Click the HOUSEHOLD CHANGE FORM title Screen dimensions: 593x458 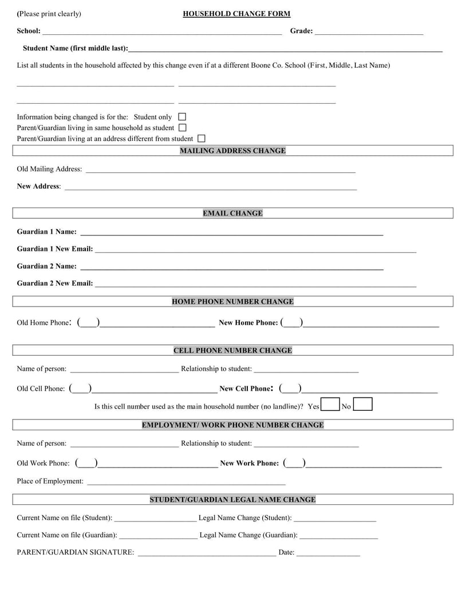(236, 14)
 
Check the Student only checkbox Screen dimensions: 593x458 (182, 117)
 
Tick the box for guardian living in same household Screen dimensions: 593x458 (183, 128)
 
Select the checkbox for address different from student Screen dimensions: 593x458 (201, 139)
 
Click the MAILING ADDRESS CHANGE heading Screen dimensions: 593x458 (232, 151)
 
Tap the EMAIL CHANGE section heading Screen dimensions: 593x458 (232, 213)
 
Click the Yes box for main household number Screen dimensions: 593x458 (330, 405)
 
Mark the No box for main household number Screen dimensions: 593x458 (363, 405)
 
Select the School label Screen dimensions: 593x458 (29, 31)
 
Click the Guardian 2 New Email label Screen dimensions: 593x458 (55, 283)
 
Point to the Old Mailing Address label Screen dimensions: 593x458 (49, 169)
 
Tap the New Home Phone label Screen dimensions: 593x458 (248, 323)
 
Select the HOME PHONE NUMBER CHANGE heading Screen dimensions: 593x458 (232, 301)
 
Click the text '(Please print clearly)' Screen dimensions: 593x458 (49, 14)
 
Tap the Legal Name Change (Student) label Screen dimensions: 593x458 (245, 518)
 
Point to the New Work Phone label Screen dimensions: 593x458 (250, 463)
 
